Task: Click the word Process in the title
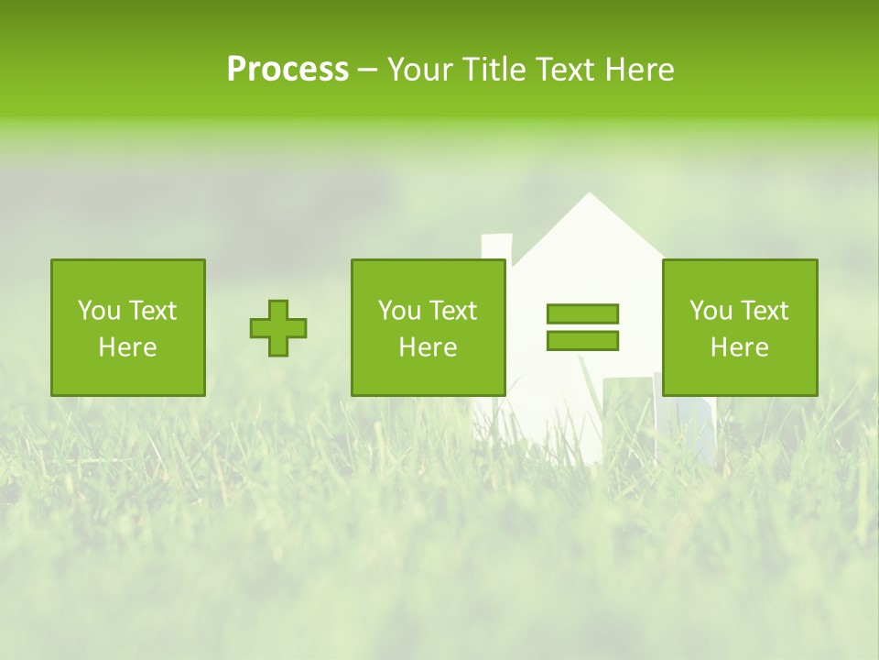288,70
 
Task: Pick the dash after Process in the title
367,71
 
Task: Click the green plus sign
278,328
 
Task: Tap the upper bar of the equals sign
582,314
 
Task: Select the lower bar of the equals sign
582,341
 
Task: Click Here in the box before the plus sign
127,347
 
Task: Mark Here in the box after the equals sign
740,347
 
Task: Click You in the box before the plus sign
99,311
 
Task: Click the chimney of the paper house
496,247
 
